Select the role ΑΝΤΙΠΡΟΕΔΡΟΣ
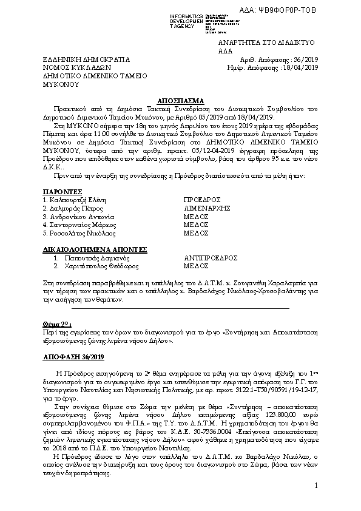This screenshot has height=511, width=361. (211, 257)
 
